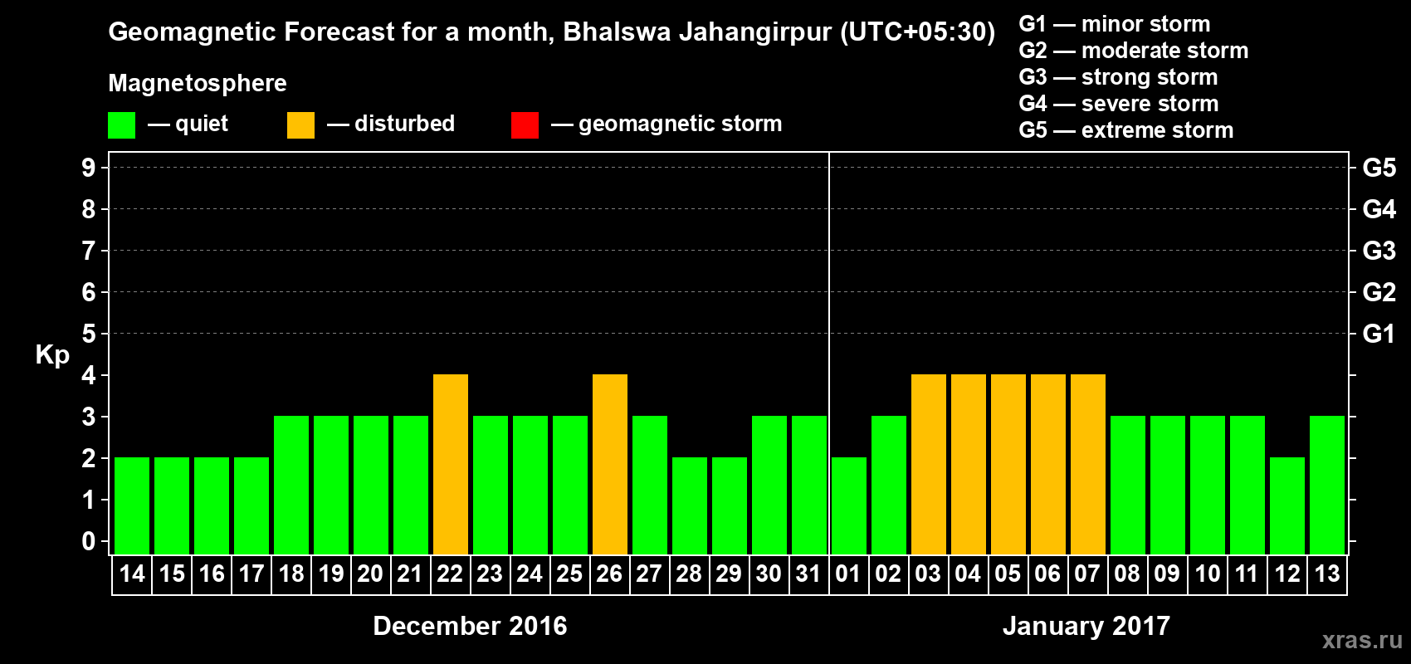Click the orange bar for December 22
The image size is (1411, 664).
[451, 464]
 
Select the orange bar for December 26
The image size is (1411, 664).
[610, 464]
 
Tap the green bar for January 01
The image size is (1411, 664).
[849, 505]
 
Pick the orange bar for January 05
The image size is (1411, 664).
[1008, 464]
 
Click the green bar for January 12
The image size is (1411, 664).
[1287, 505]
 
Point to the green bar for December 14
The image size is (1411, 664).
[132, 505]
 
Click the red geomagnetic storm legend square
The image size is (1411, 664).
[525, 125]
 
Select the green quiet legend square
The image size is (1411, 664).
[122, 125]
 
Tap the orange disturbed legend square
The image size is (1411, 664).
[300, 125]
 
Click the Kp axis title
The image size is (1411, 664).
[52, 355]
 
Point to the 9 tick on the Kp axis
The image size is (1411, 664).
[89, 168]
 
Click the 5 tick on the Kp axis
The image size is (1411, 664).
[89, 334]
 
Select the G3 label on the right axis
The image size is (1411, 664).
[1379, 251]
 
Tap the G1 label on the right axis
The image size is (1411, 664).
[1379, 334]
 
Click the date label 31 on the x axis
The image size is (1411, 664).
[808, 574]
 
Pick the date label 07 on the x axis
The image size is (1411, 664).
[1087, 574]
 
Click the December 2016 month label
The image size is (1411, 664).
[470, 626]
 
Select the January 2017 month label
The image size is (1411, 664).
[1086, 626]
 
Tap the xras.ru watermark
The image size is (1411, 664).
[1362, 640]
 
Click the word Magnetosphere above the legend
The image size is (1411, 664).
[198, 83]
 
